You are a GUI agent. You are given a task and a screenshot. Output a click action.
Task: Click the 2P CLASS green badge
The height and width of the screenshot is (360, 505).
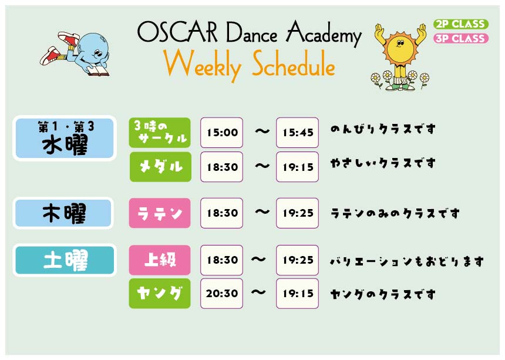461,24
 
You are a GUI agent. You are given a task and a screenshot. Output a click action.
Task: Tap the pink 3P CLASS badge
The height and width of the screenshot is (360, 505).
461,38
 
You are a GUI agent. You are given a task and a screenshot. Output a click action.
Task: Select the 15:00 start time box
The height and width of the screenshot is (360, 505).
221,132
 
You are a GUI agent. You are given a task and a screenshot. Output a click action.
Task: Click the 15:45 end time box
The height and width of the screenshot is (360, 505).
297,132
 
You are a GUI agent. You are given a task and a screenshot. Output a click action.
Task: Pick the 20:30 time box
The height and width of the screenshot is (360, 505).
221,294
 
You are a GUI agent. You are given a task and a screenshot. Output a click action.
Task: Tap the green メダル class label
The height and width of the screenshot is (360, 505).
160,167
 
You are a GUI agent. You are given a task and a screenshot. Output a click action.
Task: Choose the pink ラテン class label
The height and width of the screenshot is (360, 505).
160,213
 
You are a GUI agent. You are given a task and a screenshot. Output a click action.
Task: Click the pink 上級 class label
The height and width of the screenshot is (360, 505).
160,260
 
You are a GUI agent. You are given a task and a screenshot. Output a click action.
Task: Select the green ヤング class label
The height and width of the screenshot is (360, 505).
160,294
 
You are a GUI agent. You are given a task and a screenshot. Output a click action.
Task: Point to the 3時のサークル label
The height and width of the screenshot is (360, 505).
160,133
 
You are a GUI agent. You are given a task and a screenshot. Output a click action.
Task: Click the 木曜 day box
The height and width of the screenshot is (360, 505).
63,213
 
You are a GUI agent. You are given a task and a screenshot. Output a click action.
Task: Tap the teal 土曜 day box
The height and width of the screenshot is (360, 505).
65,260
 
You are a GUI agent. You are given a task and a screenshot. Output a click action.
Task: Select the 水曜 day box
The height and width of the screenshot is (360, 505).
65,138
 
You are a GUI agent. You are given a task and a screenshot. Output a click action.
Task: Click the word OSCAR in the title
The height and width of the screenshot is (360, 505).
177,32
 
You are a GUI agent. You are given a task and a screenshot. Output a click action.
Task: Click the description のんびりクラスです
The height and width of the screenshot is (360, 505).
383,129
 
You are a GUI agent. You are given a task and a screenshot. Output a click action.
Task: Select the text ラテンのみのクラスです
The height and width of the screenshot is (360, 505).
395,213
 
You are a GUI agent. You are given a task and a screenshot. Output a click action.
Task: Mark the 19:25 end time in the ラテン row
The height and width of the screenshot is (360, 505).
297,213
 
